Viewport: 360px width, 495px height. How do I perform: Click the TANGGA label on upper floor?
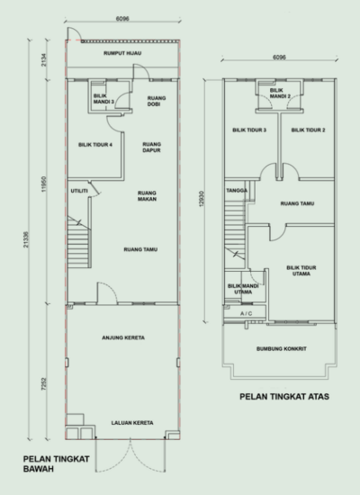pyautogui.click(x=237, y=191)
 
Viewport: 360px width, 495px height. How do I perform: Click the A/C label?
pyautogui.click(x=246, y=326)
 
